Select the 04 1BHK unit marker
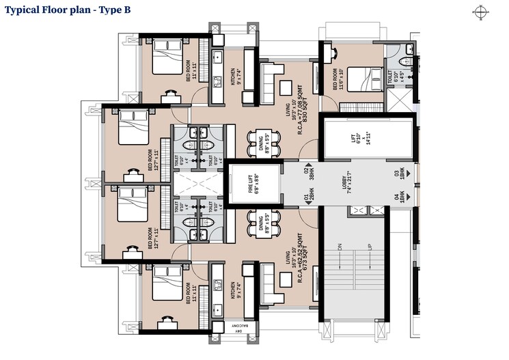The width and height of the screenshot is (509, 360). pyautogui.click(x=402, y=197)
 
